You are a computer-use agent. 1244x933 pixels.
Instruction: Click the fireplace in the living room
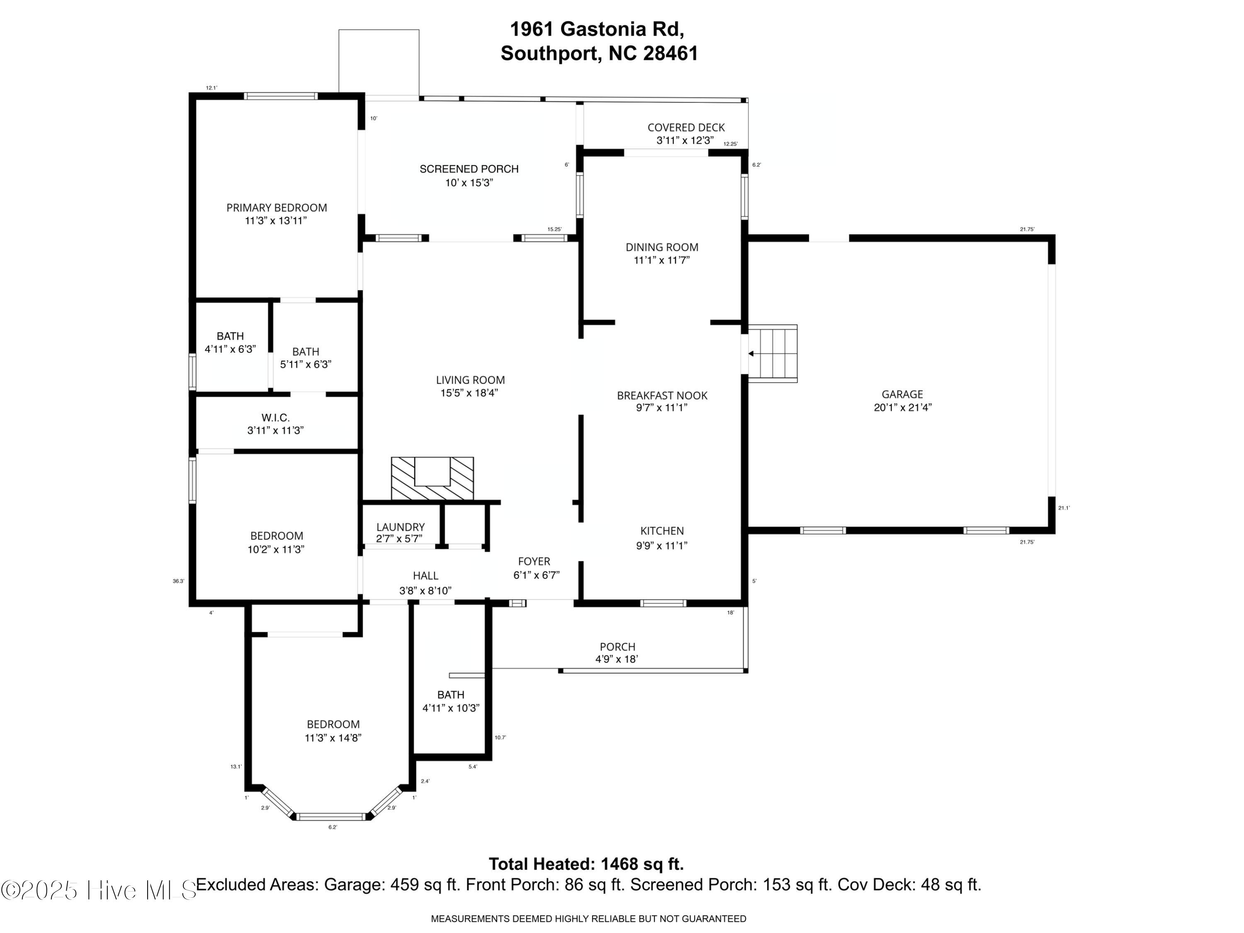432,478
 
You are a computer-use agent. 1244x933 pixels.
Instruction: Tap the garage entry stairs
772,354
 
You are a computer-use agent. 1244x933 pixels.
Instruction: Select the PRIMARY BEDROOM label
277,207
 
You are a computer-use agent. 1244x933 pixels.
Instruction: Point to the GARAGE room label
902,394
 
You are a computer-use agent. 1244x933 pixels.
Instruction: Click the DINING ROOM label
662,247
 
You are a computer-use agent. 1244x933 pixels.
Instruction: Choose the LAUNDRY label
401,527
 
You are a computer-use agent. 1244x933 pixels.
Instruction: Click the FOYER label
534,561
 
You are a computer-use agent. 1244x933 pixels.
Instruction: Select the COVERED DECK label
686,128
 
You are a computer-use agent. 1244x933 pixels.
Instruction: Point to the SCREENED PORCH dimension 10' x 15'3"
469,183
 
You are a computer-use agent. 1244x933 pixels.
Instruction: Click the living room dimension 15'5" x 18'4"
469,393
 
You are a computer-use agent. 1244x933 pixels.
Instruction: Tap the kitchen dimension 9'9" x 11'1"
662,545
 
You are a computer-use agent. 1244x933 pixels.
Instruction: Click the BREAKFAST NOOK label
662,395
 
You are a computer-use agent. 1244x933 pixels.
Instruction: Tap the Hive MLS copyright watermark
100,890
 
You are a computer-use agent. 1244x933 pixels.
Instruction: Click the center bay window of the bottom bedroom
332,816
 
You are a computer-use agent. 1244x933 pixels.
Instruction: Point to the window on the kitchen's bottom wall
663,603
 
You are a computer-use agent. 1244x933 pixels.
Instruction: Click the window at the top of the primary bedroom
281,96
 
